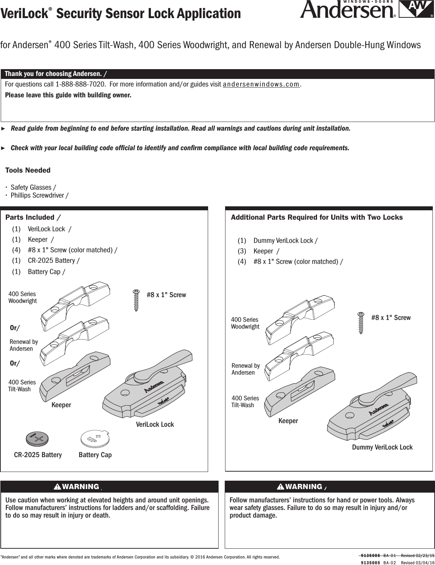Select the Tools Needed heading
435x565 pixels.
click(x=28, y=170)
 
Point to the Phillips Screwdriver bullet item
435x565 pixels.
click(x=38, y=195)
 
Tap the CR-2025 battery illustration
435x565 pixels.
click(x=37, y=439)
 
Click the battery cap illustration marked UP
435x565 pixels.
click(x=95, y=438)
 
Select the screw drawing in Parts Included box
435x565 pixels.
click(x=136, y=300)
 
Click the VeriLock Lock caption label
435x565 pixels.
click(x=155, y=424)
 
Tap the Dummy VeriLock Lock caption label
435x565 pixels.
click(x=382, y=447)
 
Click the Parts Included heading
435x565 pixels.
click(x=33, y=217)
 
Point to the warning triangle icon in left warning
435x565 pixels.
click(x=57, y=486)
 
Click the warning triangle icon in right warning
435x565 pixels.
click(x=280, y=486)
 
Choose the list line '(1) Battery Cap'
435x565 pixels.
click(x=38, y=271)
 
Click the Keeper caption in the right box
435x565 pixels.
click(x=288, y=421)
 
